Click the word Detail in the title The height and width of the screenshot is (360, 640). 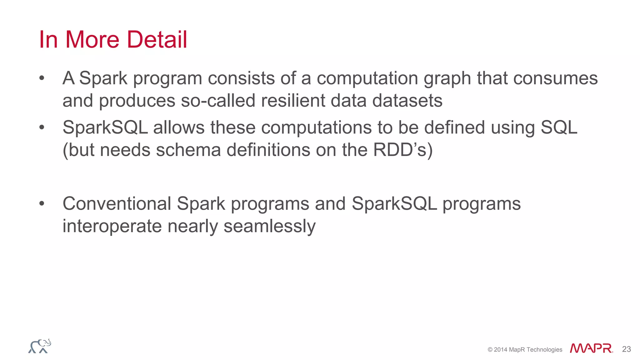(157, 40)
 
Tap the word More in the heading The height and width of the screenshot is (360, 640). (92, 40)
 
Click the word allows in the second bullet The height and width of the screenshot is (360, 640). (178, 127)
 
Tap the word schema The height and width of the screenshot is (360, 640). (188, 150)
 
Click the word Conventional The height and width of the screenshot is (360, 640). (117, 204)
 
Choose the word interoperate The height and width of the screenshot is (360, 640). (112, 226)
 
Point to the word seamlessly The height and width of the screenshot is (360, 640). (269, 226)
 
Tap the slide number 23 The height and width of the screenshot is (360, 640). (626, 349)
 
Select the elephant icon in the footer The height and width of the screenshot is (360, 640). (40, 346)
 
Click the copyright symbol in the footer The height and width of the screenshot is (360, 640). (490, 350)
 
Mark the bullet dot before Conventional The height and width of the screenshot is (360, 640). (42, 204)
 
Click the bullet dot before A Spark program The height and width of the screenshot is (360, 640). (42, 78)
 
